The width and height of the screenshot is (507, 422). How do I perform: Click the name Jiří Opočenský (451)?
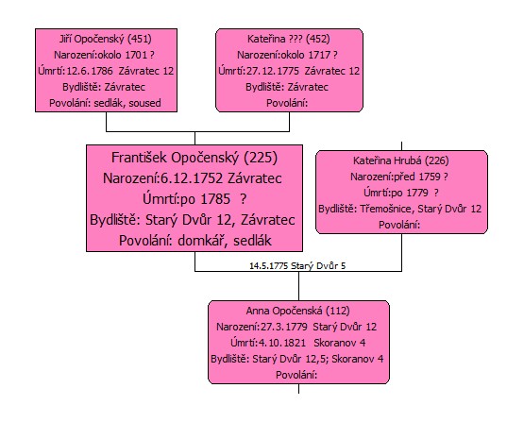pos(106,39)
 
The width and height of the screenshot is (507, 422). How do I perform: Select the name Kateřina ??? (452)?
pos(288,39)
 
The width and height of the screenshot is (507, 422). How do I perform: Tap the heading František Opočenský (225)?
pos(194,158)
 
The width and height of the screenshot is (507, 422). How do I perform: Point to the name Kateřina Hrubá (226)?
pos(401,160)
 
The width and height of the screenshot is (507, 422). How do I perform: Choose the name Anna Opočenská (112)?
pos(297,311)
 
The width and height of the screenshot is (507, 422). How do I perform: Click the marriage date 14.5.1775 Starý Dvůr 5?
pos(297,266)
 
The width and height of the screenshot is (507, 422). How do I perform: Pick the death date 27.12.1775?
pos(273,71)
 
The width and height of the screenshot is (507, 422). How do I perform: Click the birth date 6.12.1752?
pos(192,178)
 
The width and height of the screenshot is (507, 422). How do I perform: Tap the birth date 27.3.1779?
pos(284,327)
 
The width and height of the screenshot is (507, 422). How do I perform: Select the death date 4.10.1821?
pos(282,343)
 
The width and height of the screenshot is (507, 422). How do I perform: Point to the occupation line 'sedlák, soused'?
pos(127,103)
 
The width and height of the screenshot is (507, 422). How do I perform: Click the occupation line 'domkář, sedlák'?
pos(225,241)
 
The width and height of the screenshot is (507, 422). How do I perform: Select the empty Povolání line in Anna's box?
pos(296,375)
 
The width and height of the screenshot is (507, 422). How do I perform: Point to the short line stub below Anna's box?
pos(298,389)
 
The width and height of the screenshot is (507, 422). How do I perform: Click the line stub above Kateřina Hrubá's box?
pos(401,145)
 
